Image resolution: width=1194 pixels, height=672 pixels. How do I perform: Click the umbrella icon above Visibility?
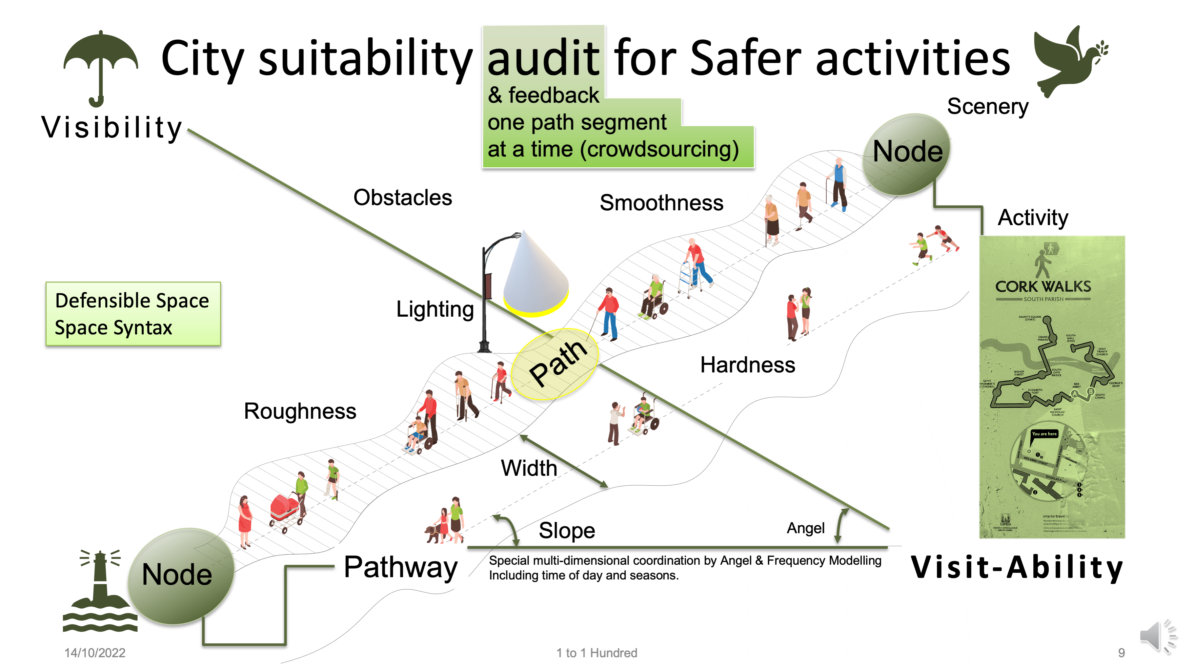[101, 65]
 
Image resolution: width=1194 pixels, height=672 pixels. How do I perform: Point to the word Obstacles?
[402, 198]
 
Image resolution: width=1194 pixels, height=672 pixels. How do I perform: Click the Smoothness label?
[661, 203]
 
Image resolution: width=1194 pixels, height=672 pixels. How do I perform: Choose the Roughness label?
[300, 411]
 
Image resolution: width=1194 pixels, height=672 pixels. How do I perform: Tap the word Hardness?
[747, 365]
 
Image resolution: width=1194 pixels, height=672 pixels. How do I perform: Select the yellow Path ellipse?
[555, 364]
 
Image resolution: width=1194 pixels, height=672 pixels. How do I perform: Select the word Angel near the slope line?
[805, 528]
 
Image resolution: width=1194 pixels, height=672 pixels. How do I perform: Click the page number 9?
[1121, 653]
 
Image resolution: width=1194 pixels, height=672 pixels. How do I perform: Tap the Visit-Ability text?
[1017, 567]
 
